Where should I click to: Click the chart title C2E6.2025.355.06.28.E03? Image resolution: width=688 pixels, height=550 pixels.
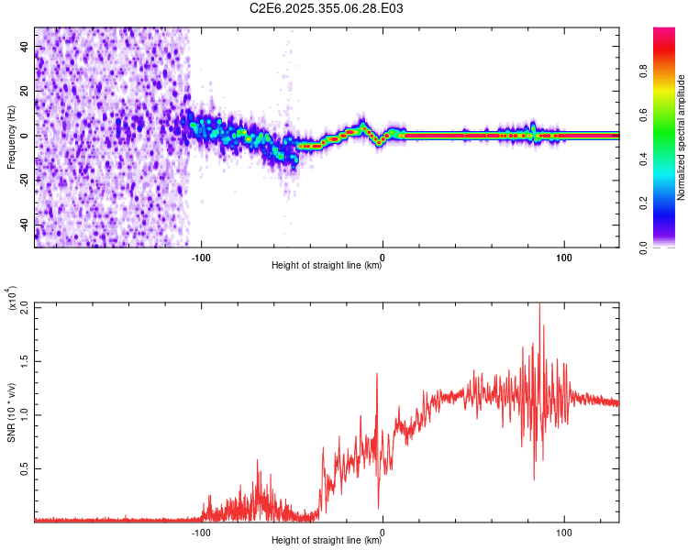coord(327,8)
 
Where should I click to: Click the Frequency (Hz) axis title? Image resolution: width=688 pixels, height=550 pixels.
coord(11,137)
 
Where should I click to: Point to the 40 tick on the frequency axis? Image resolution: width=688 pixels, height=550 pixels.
coord(24,46)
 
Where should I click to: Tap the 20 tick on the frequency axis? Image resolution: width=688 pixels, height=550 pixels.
coord(24,91)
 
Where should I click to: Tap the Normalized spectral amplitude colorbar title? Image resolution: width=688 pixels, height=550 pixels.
coord(682,137)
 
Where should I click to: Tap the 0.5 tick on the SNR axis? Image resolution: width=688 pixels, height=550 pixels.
coord(24,468)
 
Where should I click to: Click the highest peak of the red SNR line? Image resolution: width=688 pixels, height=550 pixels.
coord(539,304)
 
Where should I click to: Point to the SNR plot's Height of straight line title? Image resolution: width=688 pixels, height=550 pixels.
coord(327,540)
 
